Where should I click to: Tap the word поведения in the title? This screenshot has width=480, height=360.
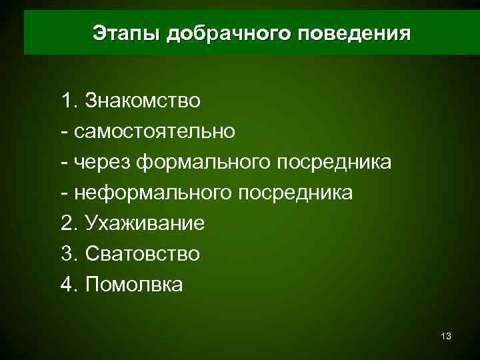[355, 33]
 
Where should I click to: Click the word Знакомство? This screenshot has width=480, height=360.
[143, 101]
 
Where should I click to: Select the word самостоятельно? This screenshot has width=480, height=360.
[155, 131]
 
